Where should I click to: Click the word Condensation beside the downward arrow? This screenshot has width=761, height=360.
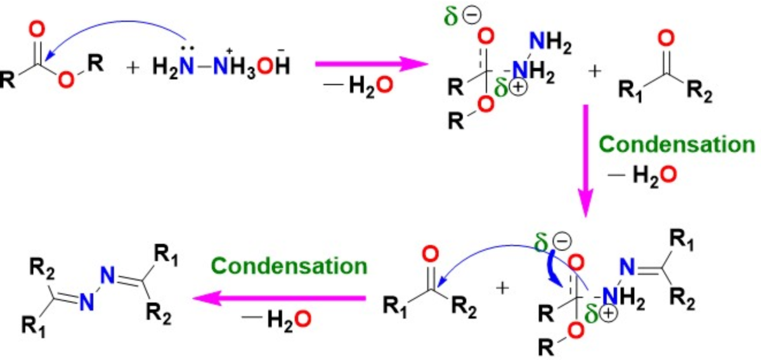tap(677, 145)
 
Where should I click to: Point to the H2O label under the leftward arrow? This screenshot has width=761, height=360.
tap(279, 320)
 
